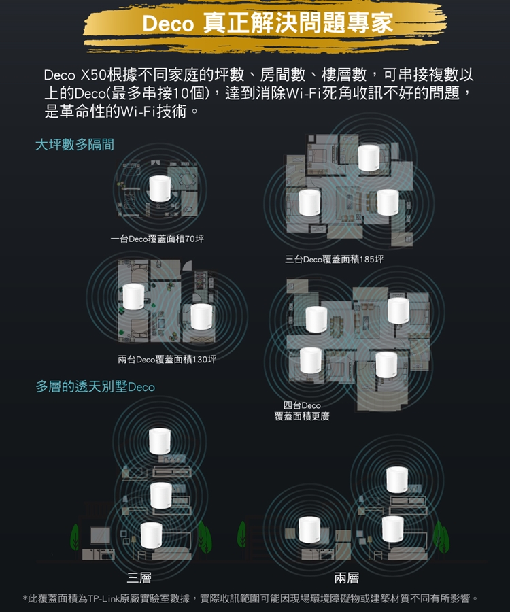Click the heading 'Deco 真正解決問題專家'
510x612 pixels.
pos(267,23)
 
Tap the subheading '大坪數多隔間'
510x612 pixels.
pos(75,144)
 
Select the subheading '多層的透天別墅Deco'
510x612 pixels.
pos(95,387)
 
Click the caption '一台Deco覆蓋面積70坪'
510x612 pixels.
pos(157,239)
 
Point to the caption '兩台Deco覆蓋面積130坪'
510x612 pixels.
pos(167,359)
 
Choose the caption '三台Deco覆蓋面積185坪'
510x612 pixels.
pos(335,259)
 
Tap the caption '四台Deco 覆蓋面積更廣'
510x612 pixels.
pos(302,411)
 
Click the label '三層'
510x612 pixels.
pos(139,577)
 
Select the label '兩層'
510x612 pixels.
pos(347,577)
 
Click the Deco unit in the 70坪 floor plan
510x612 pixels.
pos(160,189)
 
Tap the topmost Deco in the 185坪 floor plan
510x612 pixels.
pos(369,158)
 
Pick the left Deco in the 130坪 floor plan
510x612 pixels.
pos(133,297)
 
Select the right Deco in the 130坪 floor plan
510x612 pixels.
pos(201,316)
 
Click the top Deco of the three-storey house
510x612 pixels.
pos(160,442)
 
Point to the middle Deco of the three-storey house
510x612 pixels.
pos(161,496)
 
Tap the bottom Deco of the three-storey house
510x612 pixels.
pos(152,536)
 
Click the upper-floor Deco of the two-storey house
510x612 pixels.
pos(397,479)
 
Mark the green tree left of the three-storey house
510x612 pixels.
pos(75,537)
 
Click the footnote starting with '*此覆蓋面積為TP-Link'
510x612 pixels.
pos(250,598)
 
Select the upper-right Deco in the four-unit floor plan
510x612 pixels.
pos(398,311)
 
